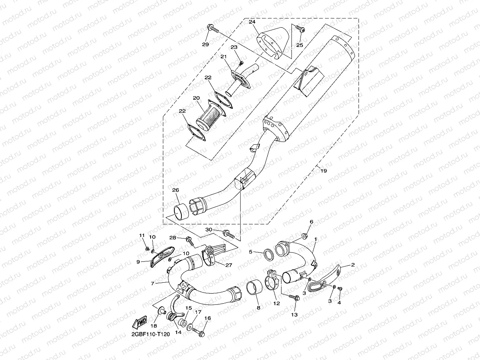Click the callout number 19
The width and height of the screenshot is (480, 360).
tap(324, 171)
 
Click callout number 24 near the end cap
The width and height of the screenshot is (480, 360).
tap(252, 22)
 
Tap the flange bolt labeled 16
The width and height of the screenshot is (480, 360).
tap(201, 334)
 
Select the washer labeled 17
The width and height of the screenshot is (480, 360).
tap(191, 327)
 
